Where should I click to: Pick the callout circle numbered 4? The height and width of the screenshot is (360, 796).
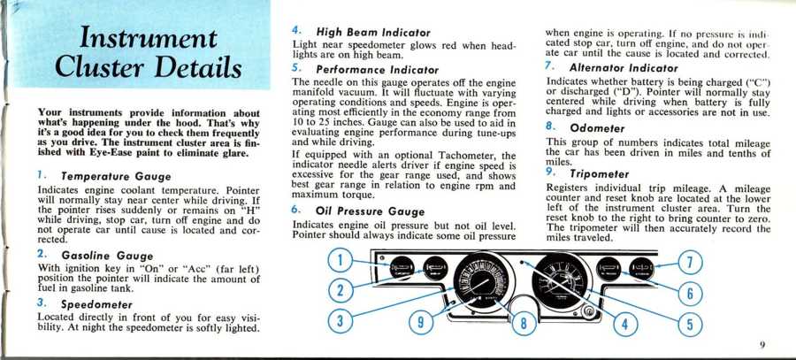[x=625, y=325]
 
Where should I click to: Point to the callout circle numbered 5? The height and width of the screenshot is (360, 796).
[x=690, y=325]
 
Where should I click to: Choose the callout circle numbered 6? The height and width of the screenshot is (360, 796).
[x=690, y=294]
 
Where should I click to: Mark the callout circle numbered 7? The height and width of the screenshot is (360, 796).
[x=690, y=264]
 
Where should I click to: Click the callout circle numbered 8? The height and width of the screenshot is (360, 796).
[x=524, y=324]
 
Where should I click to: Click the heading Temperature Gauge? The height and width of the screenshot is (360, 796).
[x=116, y=177]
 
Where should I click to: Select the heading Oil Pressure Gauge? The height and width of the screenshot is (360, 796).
[x=370, y=211]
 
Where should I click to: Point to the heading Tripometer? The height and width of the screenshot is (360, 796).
[x=599, y=174]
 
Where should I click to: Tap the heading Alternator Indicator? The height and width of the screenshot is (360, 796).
[x=624, y=67]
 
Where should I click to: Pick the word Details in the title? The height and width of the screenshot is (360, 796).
[x=198, y=68]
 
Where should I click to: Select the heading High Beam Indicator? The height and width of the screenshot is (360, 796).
[x=373, y=33]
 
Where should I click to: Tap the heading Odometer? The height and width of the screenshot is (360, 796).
[x=597, y=128]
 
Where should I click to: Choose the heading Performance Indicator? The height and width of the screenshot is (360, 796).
[x=377, y=70]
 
